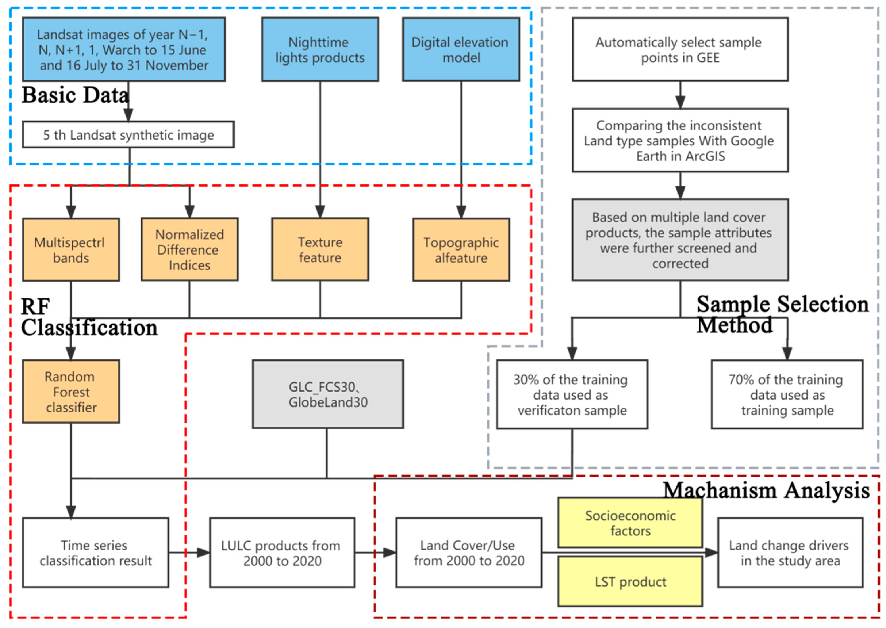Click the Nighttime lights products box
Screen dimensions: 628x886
pos(320,49)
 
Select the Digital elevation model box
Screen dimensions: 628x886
pos(461,49)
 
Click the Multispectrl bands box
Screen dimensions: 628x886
pos(71,250)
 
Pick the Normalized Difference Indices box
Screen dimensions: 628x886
pos(189,249)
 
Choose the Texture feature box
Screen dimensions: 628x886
pos(320,249)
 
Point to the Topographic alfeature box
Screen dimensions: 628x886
pos(461,250)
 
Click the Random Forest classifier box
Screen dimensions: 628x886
pos(71,391)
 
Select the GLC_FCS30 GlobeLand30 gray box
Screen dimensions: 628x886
pos(328,394)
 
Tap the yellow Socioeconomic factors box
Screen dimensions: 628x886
pos(630,523)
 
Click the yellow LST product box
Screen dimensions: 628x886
pos(630,581)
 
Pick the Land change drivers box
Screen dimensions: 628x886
pos(790,553)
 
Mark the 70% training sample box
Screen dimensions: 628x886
pos(787,394)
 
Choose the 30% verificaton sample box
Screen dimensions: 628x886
pos(572,394)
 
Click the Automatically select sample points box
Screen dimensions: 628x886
pos(680,49)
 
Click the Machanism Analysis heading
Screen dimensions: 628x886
pos(766,490)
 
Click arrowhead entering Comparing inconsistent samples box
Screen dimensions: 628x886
pos(680,103)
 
